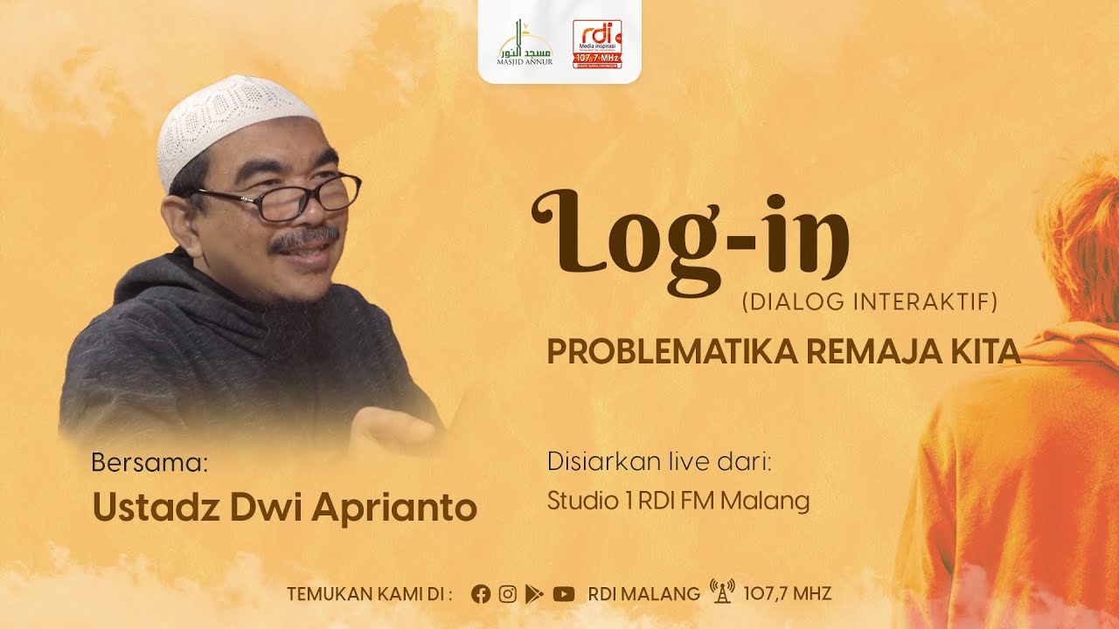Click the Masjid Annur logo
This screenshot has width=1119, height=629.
(x=525, y=44)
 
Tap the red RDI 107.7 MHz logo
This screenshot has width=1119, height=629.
(x=597, y=44)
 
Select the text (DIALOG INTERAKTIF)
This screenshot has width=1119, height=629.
(x=869, y=302)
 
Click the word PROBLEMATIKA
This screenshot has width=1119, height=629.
(x=671, y=352)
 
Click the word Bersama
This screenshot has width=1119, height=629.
(x=149, y=463)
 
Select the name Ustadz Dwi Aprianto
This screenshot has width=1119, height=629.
(x=284, y=508)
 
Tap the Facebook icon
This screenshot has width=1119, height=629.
(x=481, y=594)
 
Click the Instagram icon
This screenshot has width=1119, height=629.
(x=507, y=594)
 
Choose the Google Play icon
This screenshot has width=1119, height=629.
(x=534, y=594)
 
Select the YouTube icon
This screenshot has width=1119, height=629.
(x=564, y=594)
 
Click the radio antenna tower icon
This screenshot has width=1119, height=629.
(x=722, y=592)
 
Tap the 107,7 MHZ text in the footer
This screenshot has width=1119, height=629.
(x=787, y=594)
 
